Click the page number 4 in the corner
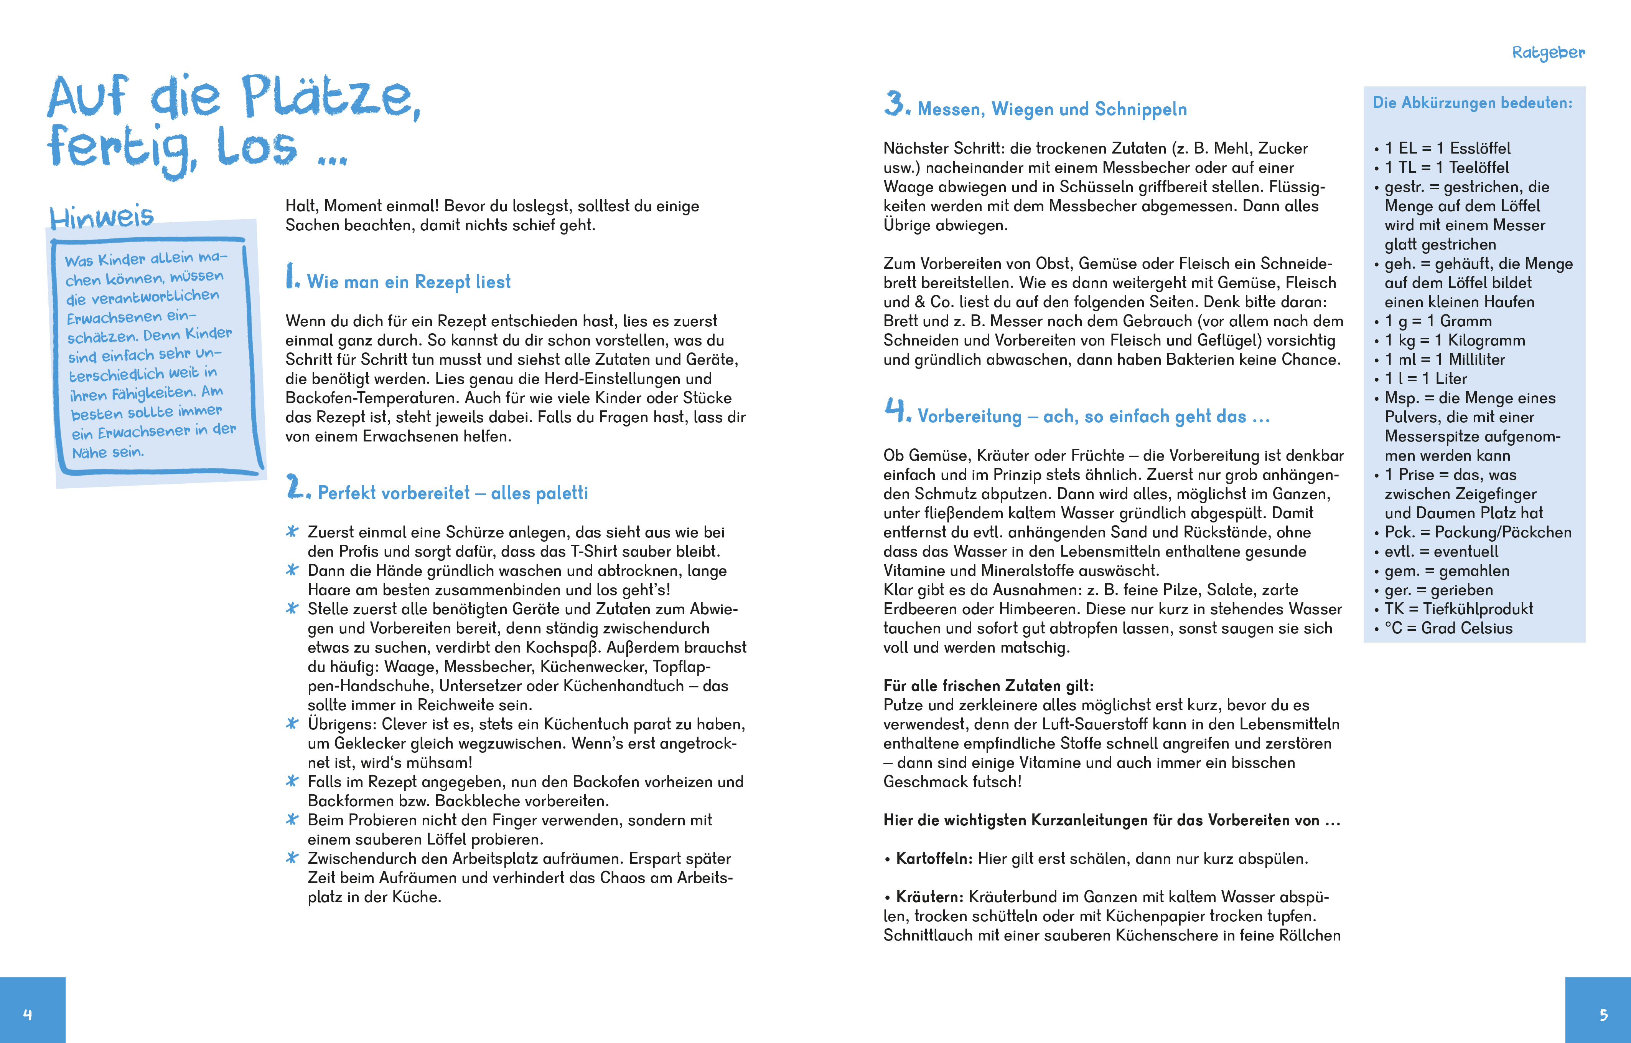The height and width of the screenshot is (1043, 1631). tap(28, 1015)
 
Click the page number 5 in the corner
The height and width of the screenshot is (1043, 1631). tap(1603, 1015)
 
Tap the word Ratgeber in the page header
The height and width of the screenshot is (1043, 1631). tap(1549, 53)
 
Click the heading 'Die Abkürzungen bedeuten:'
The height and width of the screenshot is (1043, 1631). tap(1473, 103)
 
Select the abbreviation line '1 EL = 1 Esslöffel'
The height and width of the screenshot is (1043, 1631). tap(1447, 149)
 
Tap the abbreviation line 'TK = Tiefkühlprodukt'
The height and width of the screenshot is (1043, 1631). tap(1458, 609)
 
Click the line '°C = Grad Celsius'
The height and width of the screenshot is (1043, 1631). tap(1448, 628)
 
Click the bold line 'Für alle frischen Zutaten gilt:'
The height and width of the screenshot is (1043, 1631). tap(988, 686)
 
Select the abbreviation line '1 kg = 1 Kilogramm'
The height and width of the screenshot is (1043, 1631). tap(1454, 340)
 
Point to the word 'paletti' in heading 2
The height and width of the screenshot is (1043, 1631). tap(561, 493)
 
